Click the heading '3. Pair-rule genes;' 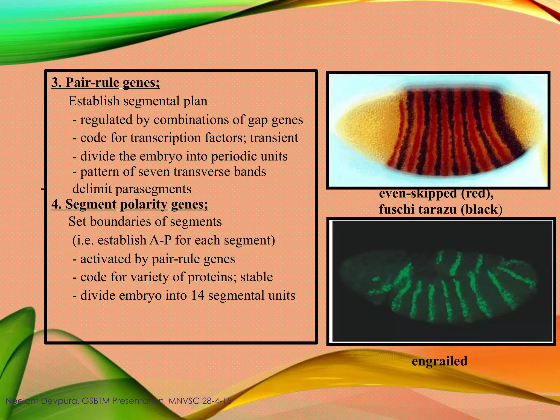106,83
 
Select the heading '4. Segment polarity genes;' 130,204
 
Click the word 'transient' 274,138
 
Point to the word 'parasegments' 153,189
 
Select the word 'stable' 256,277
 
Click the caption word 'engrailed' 439,361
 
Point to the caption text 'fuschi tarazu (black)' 441,209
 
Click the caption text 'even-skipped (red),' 436,194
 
